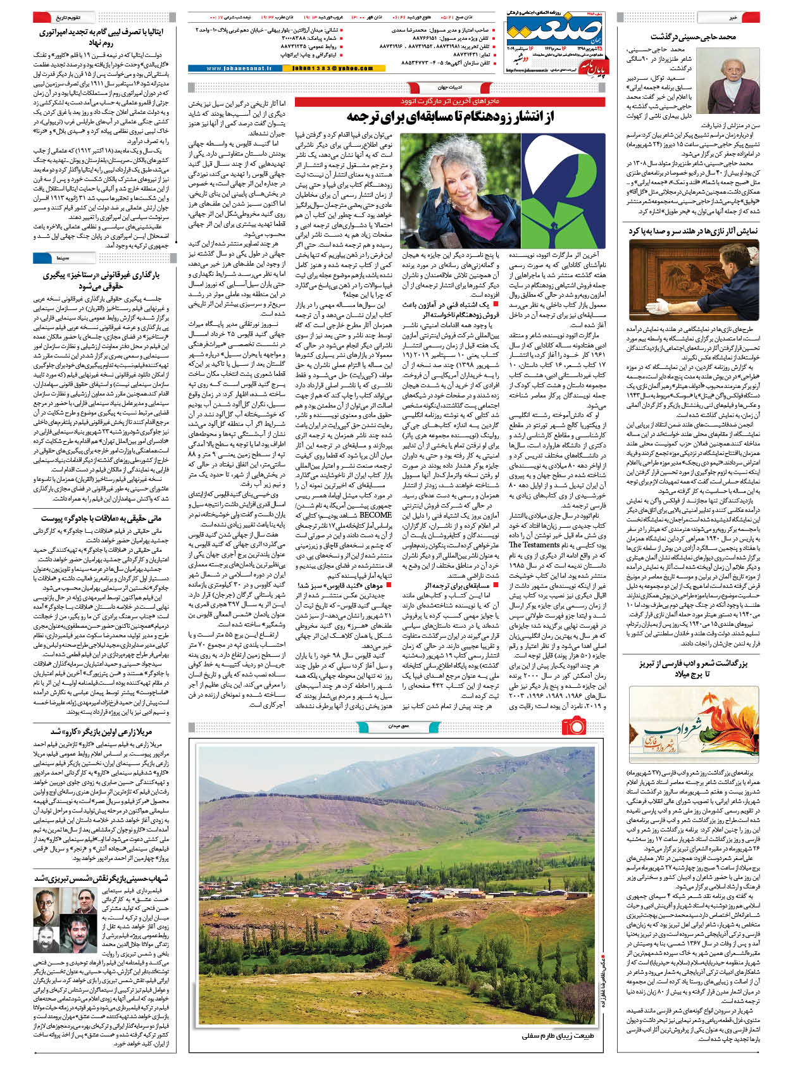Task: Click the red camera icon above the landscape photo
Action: (x=573, y=725)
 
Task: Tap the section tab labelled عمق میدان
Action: (x=389, y=726)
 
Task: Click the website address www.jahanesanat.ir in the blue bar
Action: (x=234, y=68)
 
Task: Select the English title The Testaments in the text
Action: (x=534, y=544)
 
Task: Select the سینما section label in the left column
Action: (x=63, y=258)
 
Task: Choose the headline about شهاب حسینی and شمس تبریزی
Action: (x=101, y=878)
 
